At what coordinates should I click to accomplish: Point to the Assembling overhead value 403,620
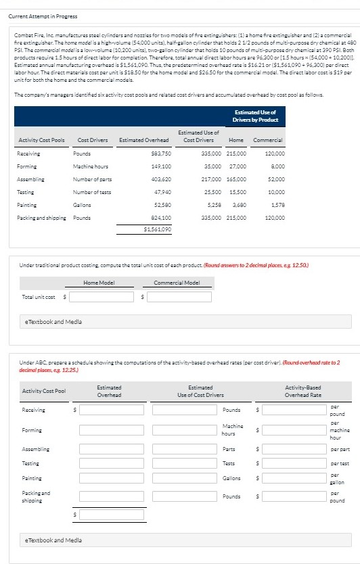tap(160, 179)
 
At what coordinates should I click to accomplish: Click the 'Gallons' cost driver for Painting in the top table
tap(82, 204)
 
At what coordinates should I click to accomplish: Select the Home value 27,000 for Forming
tap(238, 166)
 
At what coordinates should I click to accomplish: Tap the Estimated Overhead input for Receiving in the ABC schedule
tap(112, 410)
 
